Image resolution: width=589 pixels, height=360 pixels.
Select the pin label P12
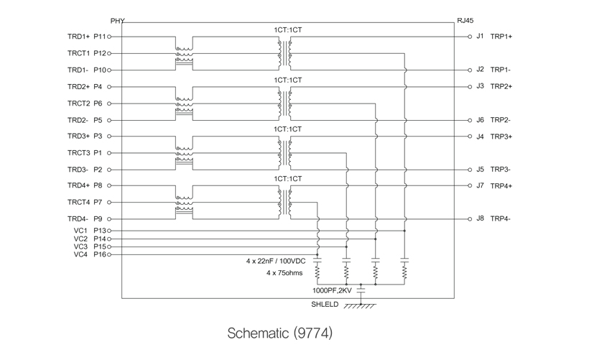pos(99,53)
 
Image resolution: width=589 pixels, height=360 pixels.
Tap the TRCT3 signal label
pos(78,152)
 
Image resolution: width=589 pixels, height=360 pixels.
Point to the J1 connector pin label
pos(480,36)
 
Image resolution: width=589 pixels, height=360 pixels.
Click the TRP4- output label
pos(501,218)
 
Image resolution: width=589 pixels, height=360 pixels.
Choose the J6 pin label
pos(480,120)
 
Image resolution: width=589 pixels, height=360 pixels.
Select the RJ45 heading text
pos(466,21)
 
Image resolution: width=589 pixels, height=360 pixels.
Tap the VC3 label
pos(80,246)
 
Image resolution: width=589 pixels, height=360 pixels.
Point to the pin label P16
pos(99,254)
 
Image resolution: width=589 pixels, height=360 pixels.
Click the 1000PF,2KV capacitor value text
pos(332,291)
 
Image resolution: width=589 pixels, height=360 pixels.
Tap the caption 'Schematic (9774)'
pos(280,333)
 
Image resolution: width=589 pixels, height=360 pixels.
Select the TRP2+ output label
pos(501,86)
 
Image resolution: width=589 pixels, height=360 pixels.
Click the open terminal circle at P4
pos(109,86)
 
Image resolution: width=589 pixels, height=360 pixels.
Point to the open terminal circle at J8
pos(469,218)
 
